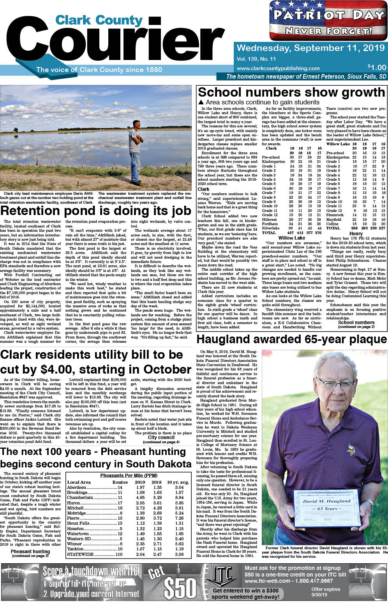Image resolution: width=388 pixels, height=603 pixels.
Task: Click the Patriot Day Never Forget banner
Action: click(x=328, y=20)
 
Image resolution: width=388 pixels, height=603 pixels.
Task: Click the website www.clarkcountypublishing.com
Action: click(x=267, y=68)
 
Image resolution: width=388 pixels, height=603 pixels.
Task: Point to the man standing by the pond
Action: click(x=135, y=152)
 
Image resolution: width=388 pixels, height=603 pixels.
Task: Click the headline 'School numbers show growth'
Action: click(x=291, y=92)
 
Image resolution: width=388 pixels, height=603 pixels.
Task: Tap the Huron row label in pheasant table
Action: click(x=74, y=503)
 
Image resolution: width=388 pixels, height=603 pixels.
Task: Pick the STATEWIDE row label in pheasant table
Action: click(x=80, y=554)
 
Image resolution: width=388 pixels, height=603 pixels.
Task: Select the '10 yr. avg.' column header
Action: click(x=178, y=482)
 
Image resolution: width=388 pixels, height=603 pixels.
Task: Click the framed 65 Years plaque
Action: click(x=327, y=509)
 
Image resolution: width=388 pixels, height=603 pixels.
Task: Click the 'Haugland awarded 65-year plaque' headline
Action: click(x=292, y=340)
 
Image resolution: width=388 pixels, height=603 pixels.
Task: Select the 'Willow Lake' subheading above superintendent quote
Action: click(x=291, y=238)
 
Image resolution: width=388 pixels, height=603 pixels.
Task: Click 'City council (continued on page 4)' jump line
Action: click(x=161, y=439)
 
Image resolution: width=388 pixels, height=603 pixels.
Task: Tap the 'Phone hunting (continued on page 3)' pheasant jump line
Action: click(x=30, y=553)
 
